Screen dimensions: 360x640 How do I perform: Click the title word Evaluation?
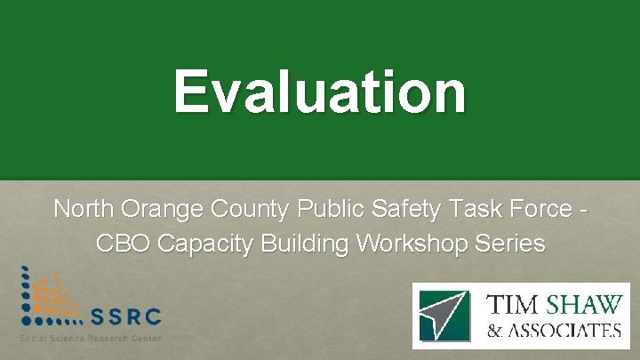pyautogui.click(x=319, y=91)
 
